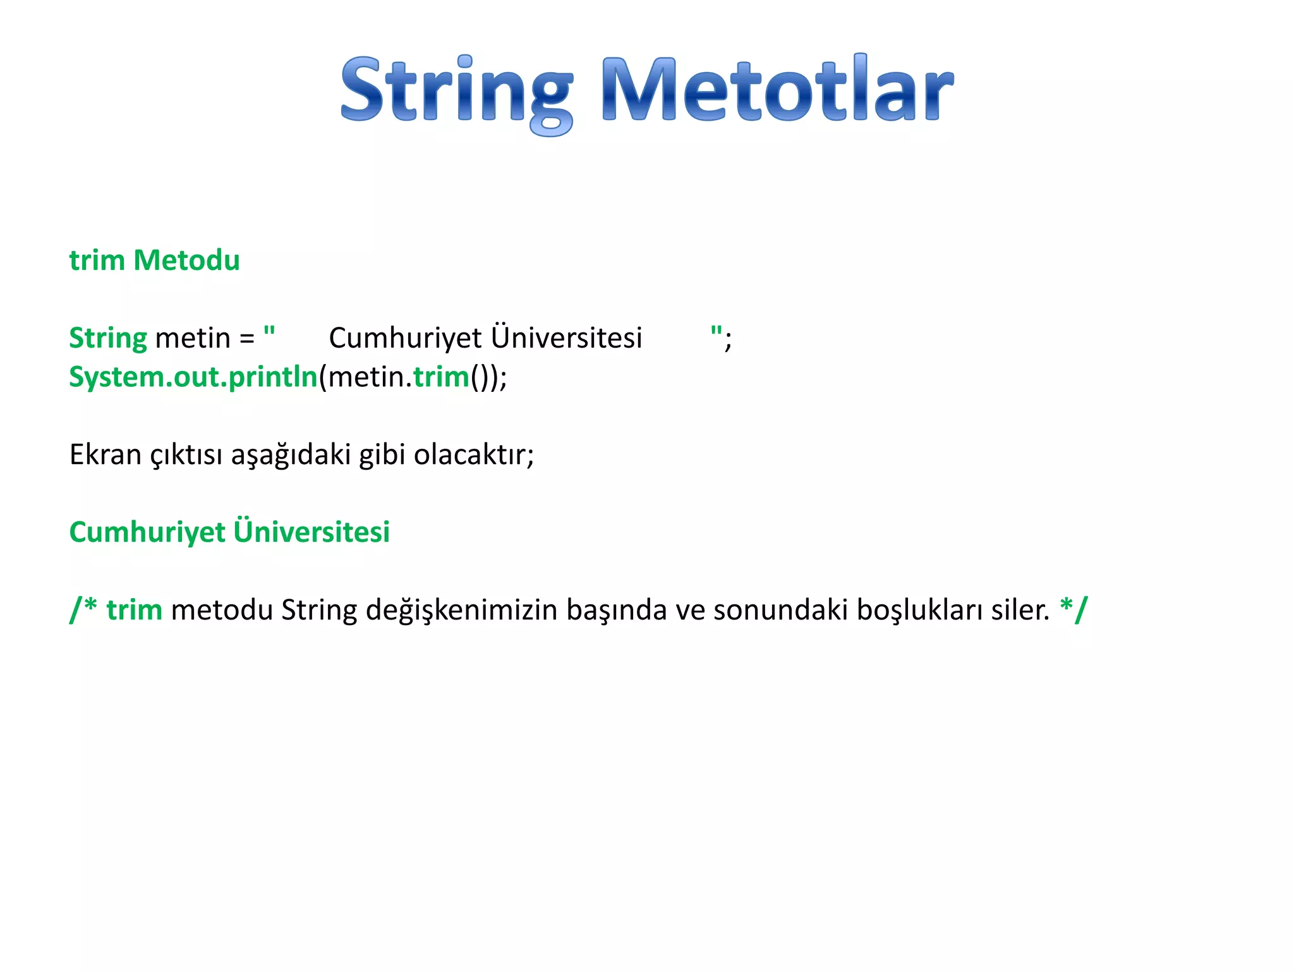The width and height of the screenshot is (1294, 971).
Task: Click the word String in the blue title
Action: click(456, 90)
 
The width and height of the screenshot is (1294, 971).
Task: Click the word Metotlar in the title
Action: click(777, 90)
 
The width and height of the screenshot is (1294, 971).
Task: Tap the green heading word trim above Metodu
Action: click(97, 260)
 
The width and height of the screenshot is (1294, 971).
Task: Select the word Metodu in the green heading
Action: click(186, 260)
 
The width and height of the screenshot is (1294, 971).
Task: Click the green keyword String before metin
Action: click(107, 338)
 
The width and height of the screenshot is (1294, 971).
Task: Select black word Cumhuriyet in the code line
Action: click(405, 338)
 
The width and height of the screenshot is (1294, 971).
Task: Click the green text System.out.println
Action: click(193, 377)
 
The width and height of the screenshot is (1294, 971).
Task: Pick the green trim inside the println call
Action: click(441, 377)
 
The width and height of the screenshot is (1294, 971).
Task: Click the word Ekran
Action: click(105, 455)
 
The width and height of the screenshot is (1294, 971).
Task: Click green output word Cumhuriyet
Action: click(147, 532)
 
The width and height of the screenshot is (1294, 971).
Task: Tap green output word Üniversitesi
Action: click(311, 531)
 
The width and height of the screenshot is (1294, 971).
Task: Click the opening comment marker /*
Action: click(83, 609)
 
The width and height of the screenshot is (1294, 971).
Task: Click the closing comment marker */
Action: click(1073, 609)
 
